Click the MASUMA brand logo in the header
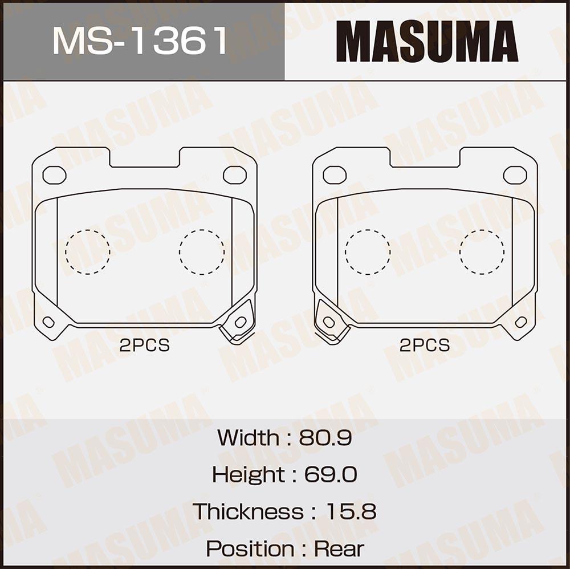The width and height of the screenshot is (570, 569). [x=427, y=41]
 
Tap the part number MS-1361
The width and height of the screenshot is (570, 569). [x=140, y=41]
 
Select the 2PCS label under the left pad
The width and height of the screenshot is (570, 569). [x=145, y=346]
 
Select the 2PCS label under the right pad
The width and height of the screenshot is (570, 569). [x=425, y=346]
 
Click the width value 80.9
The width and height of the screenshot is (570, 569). [x=325, y=437]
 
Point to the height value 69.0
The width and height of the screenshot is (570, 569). [x=331, y=474]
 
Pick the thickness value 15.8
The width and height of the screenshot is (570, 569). [x=351, y=511]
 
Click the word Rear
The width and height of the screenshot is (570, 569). [x=339, y=548]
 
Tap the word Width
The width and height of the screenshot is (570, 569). [x=249, y=437]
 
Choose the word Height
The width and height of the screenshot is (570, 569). [x=249, y=475]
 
